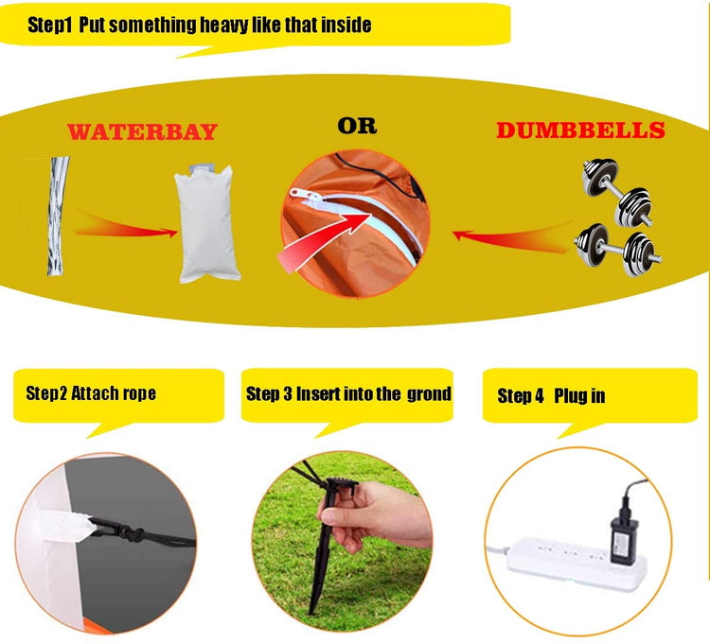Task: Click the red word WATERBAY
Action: coord(143,131)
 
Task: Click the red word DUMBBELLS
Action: coord(580,131)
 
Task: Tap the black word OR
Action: coord(357,126)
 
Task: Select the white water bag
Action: coord(207,223)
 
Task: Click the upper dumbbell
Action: coord(617,192)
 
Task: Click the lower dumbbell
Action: coord(618,250)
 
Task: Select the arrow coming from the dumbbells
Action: coord(511,237)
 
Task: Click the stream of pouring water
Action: coord(58,217)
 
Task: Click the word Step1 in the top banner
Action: coord(50,25)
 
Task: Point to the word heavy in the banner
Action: coord(224,25)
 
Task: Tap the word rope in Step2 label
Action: coord(139,394)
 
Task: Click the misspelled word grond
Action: coord(429,394)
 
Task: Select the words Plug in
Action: coord(579,395)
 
